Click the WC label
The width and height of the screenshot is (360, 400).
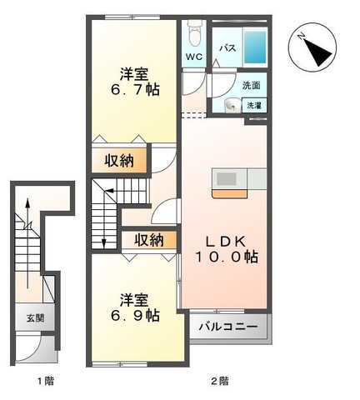tap(194, 57)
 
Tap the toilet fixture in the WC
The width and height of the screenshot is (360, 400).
tap(194, 32)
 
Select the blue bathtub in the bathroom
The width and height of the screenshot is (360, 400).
tap(255, 47)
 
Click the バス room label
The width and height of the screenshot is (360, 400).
tap(227, 48)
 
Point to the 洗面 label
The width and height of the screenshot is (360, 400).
tap(251, 86)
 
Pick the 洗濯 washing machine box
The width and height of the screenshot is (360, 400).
tap(254, 105)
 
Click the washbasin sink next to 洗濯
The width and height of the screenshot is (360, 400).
tap(232, 106)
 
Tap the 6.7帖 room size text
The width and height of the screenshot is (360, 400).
tap(135, 90)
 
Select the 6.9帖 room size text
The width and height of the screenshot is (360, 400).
tap(135, 315)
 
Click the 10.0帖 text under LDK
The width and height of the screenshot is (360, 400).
tap(227, 257)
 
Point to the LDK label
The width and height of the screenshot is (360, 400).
tap(225, 242)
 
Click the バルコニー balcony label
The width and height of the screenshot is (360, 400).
tap(227, 327)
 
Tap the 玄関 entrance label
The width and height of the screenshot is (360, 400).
tap(35, 317)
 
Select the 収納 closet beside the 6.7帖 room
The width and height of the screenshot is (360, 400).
tap(119, 161)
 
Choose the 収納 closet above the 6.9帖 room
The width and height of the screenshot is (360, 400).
tap(149, 240)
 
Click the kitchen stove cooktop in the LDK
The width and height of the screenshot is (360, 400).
tap(229, 179)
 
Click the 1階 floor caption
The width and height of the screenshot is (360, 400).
tap(46, 380)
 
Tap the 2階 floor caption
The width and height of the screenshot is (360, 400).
tap(220, 380)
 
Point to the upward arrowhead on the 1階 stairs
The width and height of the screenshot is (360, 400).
tap(27, 202)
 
